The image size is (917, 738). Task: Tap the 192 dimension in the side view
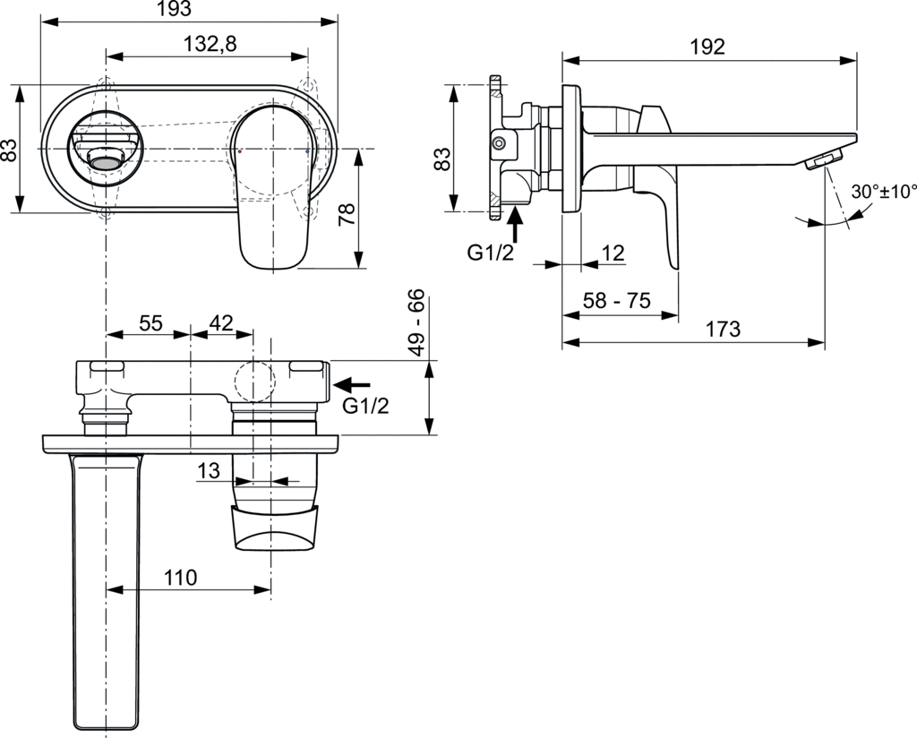coord(707,47)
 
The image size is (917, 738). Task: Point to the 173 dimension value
coord(723,329)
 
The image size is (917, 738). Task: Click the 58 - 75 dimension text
coord(616,301)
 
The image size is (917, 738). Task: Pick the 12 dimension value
coord(613,253)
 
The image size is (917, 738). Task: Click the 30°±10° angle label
coord(884,192)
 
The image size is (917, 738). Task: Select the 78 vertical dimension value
coord(347,213)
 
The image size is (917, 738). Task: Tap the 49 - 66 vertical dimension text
coord(416,323)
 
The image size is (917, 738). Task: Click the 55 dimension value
coord(150,324)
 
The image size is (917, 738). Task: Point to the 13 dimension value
coord(210,469)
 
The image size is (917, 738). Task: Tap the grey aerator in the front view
coord(107,162)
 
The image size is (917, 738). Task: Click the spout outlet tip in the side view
coord(826,161)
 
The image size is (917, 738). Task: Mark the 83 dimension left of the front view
coord(10,149)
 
